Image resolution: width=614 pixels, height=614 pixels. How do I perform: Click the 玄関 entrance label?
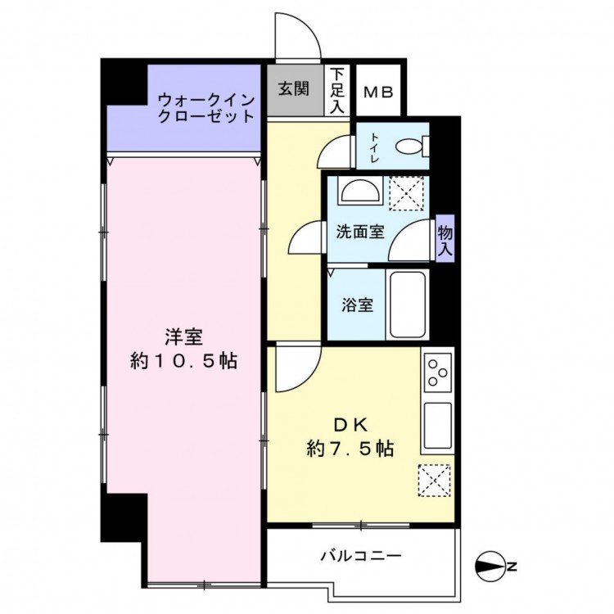pyautogui.click(x=294, y=89)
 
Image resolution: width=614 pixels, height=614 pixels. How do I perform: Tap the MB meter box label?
pyautogui.click(x=378, y=93)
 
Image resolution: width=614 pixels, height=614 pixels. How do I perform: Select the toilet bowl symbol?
pyautogui.click(x=412, y=146)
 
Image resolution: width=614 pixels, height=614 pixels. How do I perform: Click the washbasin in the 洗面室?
pyautogui.click(x=360, y=191)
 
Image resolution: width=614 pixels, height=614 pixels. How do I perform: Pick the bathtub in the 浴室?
pyautogui.click(x=407, y=305)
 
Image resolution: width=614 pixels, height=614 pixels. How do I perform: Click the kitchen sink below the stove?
pyautogui.click(x=438, y=425)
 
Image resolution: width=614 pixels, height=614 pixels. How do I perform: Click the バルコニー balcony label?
pyautogui.click(x=361, y=556)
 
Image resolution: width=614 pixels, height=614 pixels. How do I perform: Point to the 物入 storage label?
pyautogui.click(x=445, y=240)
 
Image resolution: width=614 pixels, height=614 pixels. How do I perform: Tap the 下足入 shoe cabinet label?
pyautogui.click(x=336, y=90)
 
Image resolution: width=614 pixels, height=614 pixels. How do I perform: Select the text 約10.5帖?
pyautogui.click(x=183, y=361)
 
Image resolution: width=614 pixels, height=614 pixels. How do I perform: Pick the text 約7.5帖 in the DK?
pyautogui.click(x=350, y=448)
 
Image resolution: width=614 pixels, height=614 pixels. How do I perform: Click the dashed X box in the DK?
pyautogui.click(x=434, y=481)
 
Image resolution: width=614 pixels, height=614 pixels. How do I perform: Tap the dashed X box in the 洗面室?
pyautogui.click(x=406, y=193)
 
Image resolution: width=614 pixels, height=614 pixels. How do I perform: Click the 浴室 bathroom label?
pyautogui.click(x=357, y=305)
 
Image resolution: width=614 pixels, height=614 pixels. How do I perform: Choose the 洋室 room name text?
pyautogui.click(x=183, y=337)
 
